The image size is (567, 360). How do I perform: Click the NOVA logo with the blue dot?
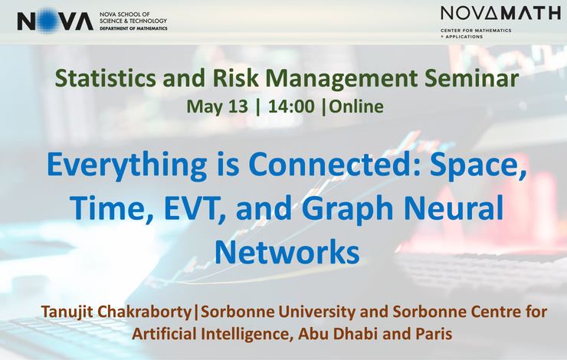click(x=55, y=21)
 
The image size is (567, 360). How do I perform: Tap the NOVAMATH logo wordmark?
click(x=500, y=13)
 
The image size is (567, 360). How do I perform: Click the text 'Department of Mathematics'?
click(x=133, y=28)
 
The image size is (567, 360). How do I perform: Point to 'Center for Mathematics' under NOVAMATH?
click(x=476, y=31)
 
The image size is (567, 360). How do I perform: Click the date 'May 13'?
click(x=218, y=106)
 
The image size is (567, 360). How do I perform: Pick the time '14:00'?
click(x=291, y=106)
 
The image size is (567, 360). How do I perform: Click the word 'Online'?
click(x=356, y=106)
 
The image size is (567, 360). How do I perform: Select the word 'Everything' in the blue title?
click(x=127, y=165)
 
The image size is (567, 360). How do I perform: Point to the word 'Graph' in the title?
click(x=347, y=209)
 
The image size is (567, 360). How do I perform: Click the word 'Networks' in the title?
click(x=287, y=252)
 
